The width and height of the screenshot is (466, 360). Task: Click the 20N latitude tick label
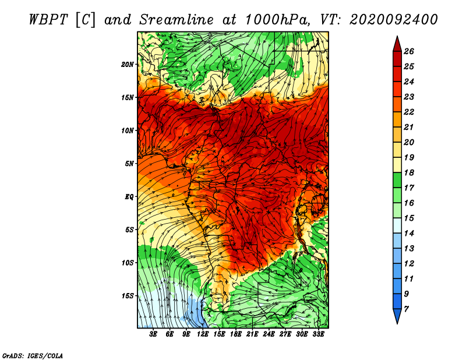click(128, 65)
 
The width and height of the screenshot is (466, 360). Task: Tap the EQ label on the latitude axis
click(129, 196)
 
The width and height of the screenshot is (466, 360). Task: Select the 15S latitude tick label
click(128, 296)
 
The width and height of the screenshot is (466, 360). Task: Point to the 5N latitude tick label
click(129, 164)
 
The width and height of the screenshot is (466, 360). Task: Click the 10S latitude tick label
click(128, 263)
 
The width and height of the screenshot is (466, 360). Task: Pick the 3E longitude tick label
click(153, 334)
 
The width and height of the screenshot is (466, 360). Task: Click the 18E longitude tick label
click(236, 334)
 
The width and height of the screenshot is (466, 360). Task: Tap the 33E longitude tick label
click(318, 334)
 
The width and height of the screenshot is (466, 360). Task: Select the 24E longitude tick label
click(269, 334)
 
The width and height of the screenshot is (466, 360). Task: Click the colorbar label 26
click(409, 51)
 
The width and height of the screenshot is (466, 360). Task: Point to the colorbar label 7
click(406, 309)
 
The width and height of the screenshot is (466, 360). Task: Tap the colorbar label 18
click(409, 172)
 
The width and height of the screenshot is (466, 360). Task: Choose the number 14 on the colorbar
click(409, 234)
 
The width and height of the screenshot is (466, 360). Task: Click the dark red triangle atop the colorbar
click(397, 45)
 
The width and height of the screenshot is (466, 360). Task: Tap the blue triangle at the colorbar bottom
click(397, 315)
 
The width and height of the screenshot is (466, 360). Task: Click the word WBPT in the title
click(49, 20)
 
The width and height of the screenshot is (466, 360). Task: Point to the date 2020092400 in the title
click(394, 20)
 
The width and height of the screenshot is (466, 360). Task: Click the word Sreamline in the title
click(176, 20)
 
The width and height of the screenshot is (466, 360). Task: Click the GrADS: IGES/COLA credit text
click(33, 356)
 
